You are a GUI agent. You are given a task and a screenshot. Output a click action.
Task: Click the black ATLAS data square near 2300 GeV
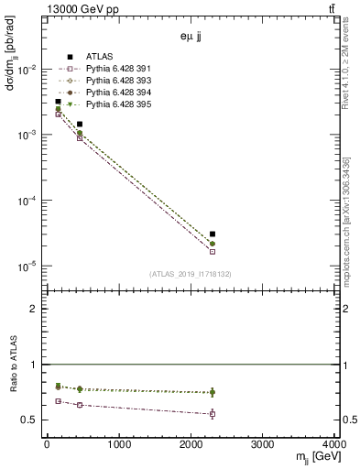coord(213,234)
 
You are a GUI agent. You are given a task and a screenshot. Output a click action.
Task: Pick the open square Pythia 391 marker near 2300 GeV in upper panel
coord(213,251)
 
